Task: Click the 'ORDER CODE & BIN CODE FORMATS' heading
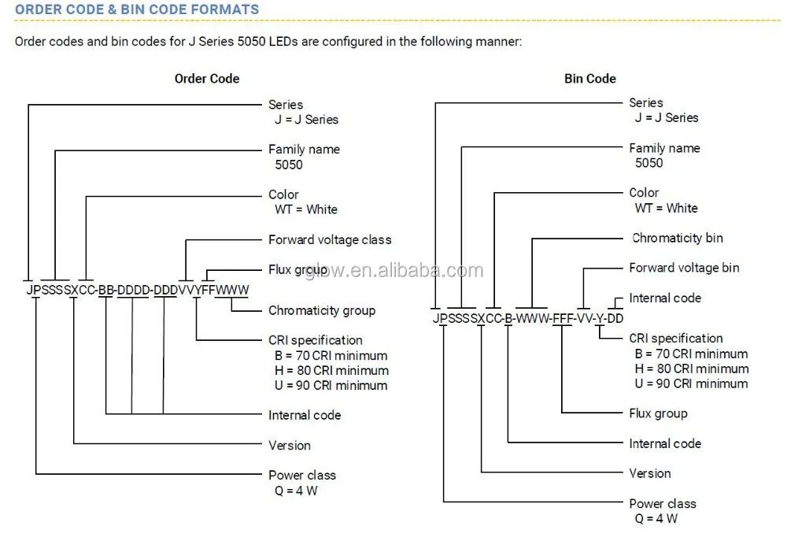coord(137,9)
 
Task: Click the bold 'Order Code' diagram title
coord(207,79)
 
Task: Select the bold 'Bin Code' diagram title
coord(590,79)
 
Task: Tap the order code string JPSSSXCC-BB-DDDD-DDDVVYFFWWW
coord(138,290)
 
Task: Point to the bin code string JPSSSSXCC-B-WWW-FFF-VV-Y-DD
coord(528,318)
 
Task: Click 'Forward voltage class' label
coord(330,239)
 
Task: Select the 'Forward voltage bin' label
coord(684,268)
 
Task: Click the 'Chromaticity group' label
coord(322,310)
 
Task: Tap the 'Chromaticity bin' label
coord(678,238)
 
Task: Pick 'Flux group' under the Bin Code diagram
coord(658,413)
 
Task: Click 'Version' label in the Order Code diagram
coord(290,445)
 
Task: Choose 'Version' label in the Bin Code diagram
coord(650,473)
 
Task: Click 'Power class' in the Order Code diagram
coord(302,475)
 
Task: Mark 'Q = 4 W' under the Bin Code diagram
coord(656,519)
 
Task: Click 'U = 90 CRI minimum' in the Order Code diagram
coord(331,385)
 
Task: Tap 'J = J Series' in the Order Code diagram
coord(307,120)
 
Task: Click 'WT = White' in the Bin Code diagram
coord(667,208)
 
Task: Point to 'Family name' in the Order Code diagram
coord(305,149)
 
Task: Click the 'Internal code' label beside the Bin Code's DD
coord(665,298)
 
